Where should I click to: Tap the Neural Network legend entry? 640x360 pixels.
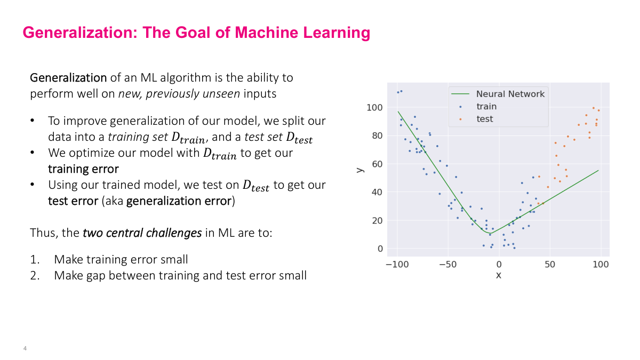tap(510, 94)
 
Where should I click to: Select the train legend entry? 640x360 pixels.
tap(486, 107)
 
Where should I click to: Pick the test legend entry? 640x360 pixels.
tap(484, 119)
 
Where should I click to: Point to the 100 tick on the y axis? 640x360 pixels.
tap(375, 107)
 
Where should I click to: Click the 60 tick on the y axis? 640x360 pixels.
tap(378, 164)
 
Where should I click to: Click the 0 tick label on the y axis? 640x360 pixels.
tap(380, 249)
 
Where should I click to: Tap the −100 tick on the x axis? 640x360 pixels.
tap(397, 265)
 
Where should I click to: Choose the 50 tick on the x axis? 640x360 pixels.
tap(550, 265)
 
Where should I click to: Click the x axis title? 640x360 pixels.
tap(499, 276)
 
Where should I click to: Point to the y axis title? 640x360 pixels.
tap(359, 169)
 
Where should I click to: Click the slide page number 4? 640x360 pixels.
tap(25, 349)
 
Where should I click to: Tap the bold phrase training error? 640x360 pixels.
tap(83, 169)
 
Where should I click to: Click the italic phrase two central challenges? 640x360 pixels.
tap(142, 233)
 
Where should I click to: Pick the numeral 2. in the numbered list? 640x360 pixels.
tap(35, 276)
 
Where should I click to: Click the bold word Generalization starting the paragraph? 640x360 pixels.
tap(68, 78)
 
